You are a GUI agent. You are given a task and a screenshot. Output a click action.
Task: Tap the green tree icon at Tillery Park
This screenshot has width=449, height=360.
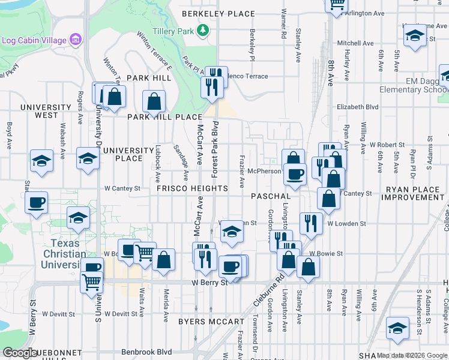203,29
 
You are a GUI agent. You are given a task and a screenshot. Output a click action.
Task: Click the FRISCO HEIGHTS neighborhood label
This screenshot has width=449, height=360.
192,188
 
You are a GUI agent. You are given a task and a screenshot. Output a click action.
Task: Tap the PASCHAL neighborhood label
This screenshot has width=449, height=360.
271,196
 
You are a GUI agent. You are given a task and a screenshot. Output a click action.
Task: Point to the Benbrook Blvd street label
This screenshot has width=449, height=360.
147,352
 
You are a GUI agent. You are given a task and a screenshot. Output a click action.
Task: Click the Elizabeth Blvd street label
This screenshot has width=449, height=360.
358,107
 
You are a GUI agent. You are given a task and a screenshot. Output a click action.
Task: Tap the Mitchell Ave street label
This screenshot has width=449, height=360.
355,43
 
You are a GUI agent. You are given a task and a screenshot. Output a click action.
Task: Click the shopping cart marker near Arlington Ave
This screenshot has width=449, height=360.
337,5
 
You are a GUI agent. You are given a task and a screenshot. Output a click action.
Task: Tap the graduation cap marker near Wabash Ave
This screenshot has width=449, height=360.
41,161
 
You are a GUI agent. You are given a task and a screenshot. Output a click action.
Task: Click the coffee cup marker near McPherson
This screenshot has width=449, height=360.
294,174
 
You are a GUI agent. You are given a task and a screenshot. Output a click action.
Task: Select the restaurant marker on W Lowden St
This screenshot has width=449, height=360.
310,223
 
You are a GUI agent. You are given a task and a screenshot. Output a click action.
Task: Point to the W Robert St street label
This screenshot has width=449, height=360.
387,145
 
